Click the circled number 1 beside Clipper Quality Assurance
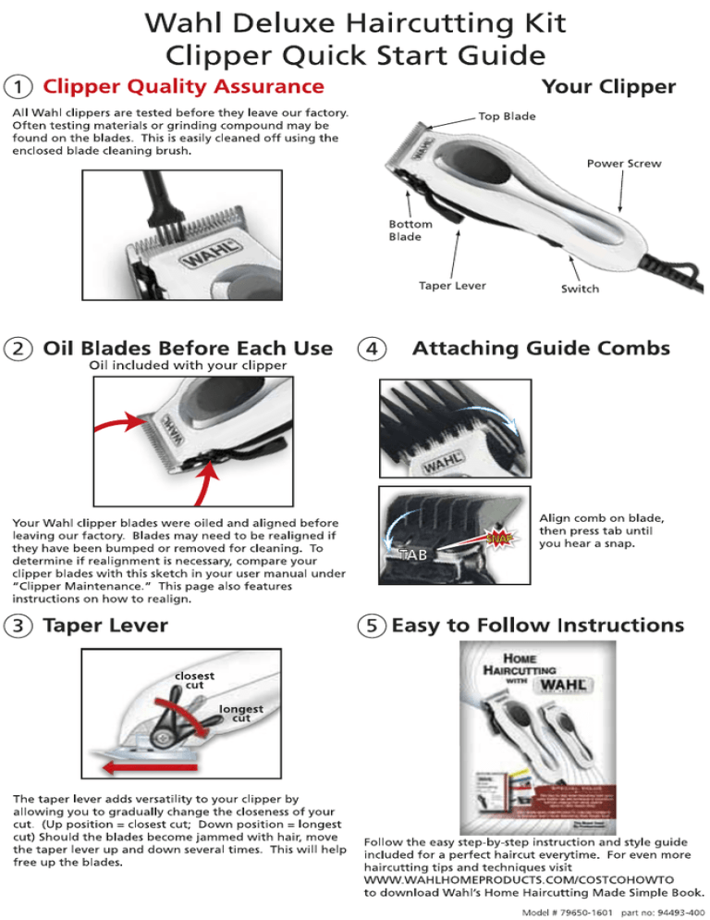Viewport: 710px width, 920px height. tap(18, 87)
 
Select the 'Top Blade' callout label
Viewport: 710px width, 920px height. tap(506, 116)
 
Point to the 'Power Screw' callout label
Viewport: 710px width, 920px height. tap(625, 164)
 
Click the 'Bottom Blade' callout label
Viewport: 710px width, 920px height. tap(405, 230)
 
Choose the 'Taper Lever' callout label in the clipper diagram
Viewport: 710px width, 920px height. tap(452, 286)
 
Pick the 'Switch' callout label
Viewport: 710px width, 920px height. tap(580, 289)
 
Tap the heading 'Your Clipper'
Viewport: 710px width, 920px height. tap(608, 87)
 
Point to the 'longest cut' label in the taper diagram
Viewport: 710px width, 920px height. tap(240, 714)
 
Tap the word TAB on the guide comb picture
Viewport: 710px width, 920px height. tap(412, 553)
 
